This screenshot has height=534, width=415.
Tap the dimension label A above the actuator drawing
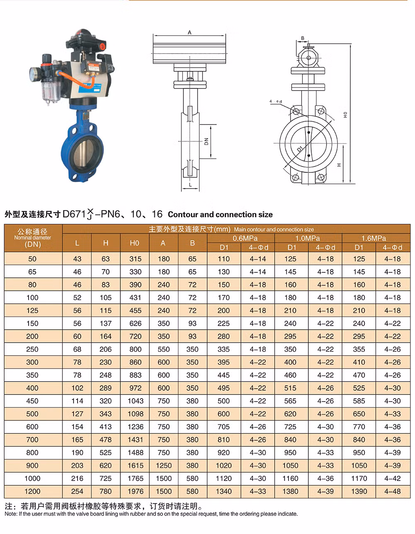point(189,32)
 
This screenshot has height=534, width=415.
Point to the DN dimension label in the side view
point(206,141)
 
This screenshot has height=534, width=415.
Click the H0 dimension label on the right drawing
point(345,115)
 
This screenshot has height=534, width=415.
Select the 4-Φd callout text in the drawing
point(276,101)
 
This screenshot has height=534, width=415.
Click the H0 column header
point(134,243)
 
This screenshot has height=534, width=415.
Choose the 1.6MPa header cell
point(373,238)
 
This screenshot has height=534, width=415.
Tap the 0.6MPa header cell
point(245,238)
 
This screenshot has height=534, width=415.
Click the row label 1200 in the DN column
point(32,491)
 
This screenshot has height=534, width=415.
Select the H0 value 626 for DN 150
point(135,323)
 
